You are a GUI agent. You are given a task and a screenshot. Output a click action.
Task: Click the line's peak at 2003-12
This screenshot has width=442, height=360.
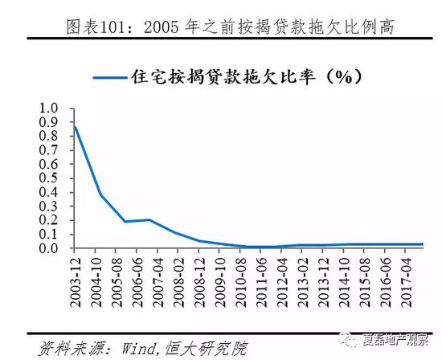pyautogui.click(x=76, y=126)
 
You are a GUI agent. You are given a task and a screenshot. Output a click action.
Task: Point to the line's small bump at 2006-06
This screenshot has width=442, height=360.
pyautogui.click(x=149, y=219)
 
